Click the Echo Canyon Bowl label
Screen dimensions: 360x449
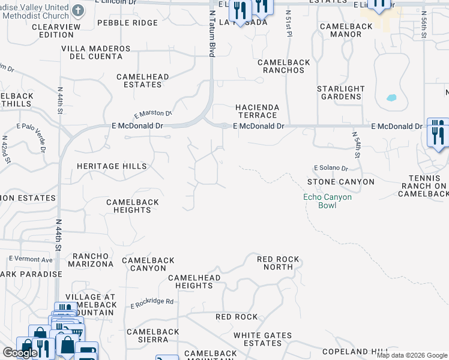(327, 201)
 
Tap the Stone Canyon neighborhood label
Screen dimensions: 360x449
(340, 182)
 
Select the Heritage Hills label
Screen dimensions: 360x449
(112, 166)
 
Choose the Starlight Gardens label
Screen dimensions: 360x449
(340, 93)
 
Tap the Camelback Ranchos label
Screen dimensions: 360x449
(281, 66)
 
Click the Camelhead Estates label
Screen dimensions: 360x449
(143, 81)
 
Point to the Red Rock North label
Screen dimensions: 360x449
(278, 263)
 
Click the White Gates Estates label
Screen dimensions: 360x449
(262, 340)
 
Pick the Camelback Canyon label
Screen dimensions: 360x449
(148, 264)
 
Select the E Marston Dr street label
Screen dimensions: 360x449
(152, 114)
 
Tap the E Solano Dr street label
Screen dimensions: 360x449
(331, 169)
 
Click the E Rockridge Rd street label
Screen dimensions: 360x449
(152, 304)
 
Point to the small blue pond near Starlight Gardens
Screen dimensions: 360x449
(392, 97)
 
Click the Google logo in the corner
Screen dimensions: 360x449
(19, 353)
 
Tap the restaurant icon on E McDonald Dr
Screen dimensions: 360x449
(438, 131)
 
